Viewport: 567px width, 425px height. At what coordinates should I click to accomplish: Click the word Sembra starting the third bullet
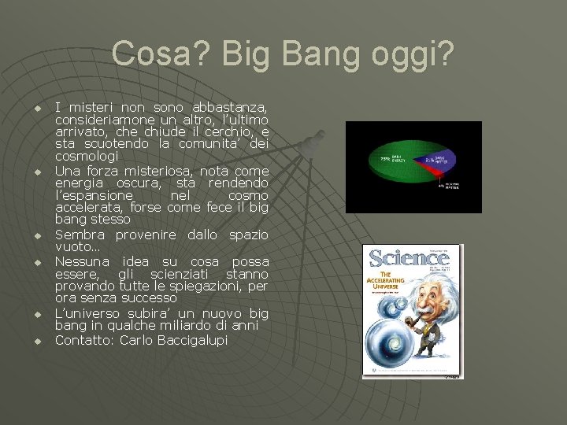[x=82, y=235]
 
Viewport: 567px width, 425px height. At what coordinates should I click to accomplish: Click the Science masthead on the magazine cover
[x=409, y=258]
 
